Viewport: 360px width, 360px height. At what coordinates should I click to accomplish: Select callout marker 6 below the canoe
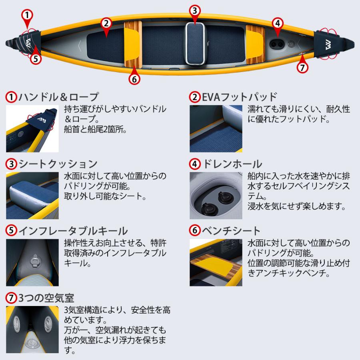click(134, 79)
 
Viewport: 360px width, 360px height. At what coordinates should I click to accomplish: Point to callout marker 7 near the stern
click(303, 67)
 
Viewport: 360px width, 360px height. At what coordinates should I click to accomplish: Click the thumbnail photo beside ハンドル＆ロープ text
click(32, 129)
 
